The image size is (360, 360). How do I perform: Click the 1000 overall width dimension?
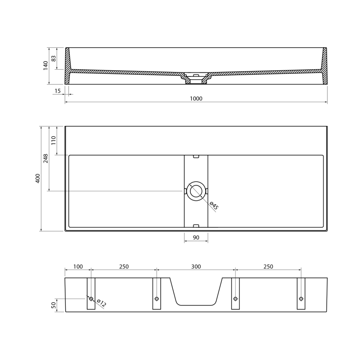click(196, 99)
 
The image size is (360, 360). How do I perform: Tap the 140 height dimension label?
click(46, 65)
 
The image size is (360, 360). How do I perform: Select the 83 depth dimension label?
click(53, 58)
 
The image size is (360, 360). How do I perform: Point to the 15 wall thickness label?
click(58, 91)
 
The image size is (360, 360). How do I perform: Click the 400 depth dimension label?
click(38, 178)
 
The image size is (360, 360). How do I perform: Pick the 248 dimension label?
click(46, 158)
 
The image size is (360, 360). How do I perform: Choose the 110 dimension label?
click(53, 140)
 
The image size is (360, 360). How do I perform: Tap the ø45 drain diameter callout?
click(214, 206)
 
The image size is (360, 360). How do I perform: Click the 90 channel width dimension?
click(196, 238)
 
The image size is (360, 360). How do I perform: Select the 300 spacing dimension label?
click(196, 266)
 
